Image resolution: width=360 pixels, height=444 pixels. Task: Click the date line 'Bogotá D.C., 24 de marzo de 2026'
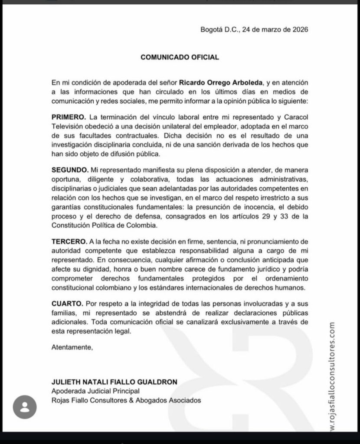254,30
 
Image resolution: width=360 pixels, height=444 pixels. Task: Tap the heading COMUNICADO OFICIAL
180,57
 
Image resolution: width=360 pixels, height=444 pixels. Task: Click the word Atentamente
72,347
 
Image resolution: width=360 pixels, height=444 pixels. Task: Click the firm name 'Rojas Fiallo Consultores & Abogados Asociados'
126,400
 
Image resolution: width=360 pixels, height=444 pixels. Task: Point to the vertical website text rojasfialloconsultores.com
332,377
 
